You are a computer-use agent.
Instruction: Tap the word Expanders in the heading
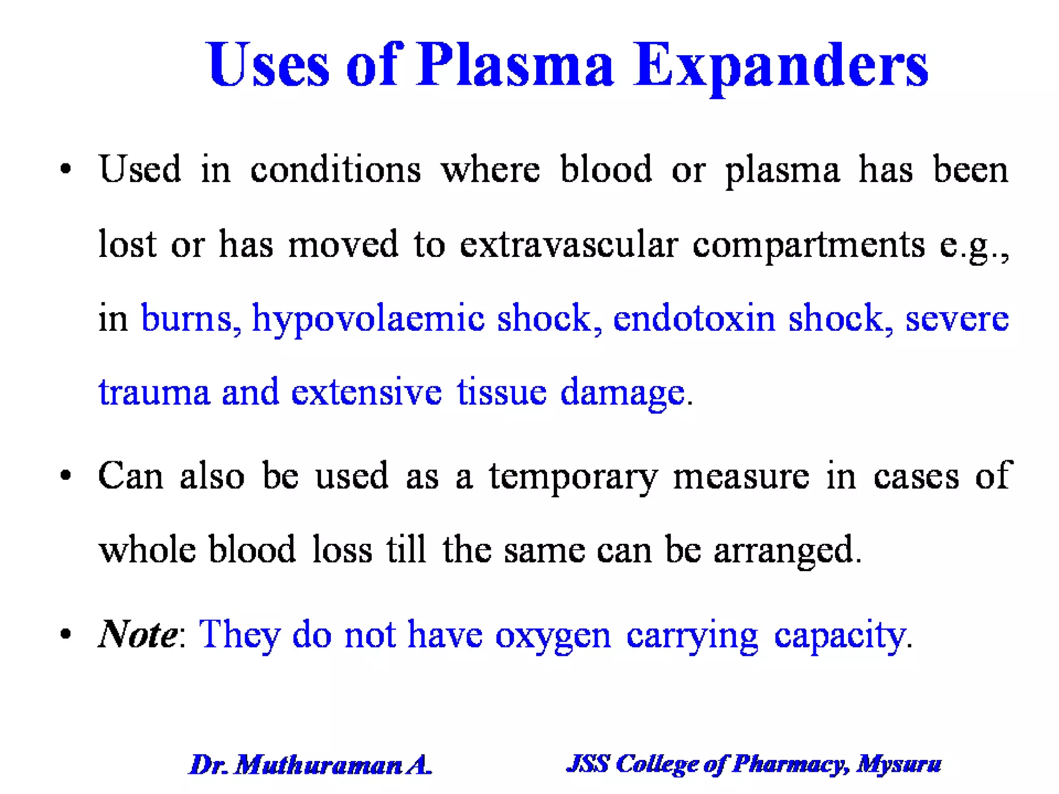[x=781, y=66]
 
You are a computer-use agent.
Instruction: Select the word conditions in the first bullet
[x=336, y=170]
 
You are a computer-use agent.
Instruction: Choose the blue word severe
[x=957, y=318]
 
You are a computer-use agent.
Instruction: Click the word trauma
[x=154, y=392]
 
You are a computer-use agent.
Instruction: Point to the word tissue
[x=501, y=392]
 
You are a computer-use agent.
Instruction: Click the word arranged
[x=786, y=550]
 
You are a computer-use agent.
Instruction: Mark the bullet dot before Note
[x=65, y=634]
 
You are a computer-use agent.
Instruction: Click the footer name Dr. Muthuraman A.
[x=310, y=765]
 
